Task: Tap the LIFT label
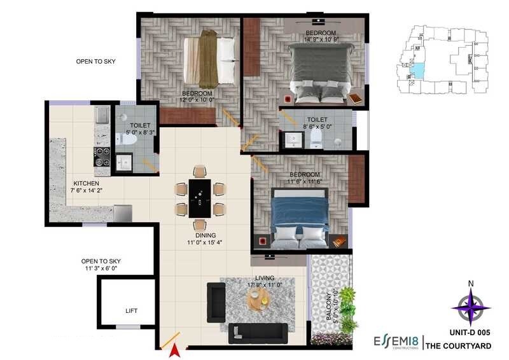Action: (131, 311)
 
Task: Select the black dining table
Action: (200, 198)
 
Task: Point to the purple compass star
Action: (471, 307)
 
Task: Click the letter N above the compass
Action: (471, 284)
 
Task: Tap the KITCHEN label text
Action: (87, 184)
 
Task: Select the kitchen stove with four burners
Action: (102, 157)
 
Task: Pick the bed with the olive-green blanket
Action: (209, 61)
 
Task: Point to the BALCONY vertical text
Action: (328, 307)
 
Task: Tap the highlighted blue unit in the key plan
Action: (417, 69)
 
